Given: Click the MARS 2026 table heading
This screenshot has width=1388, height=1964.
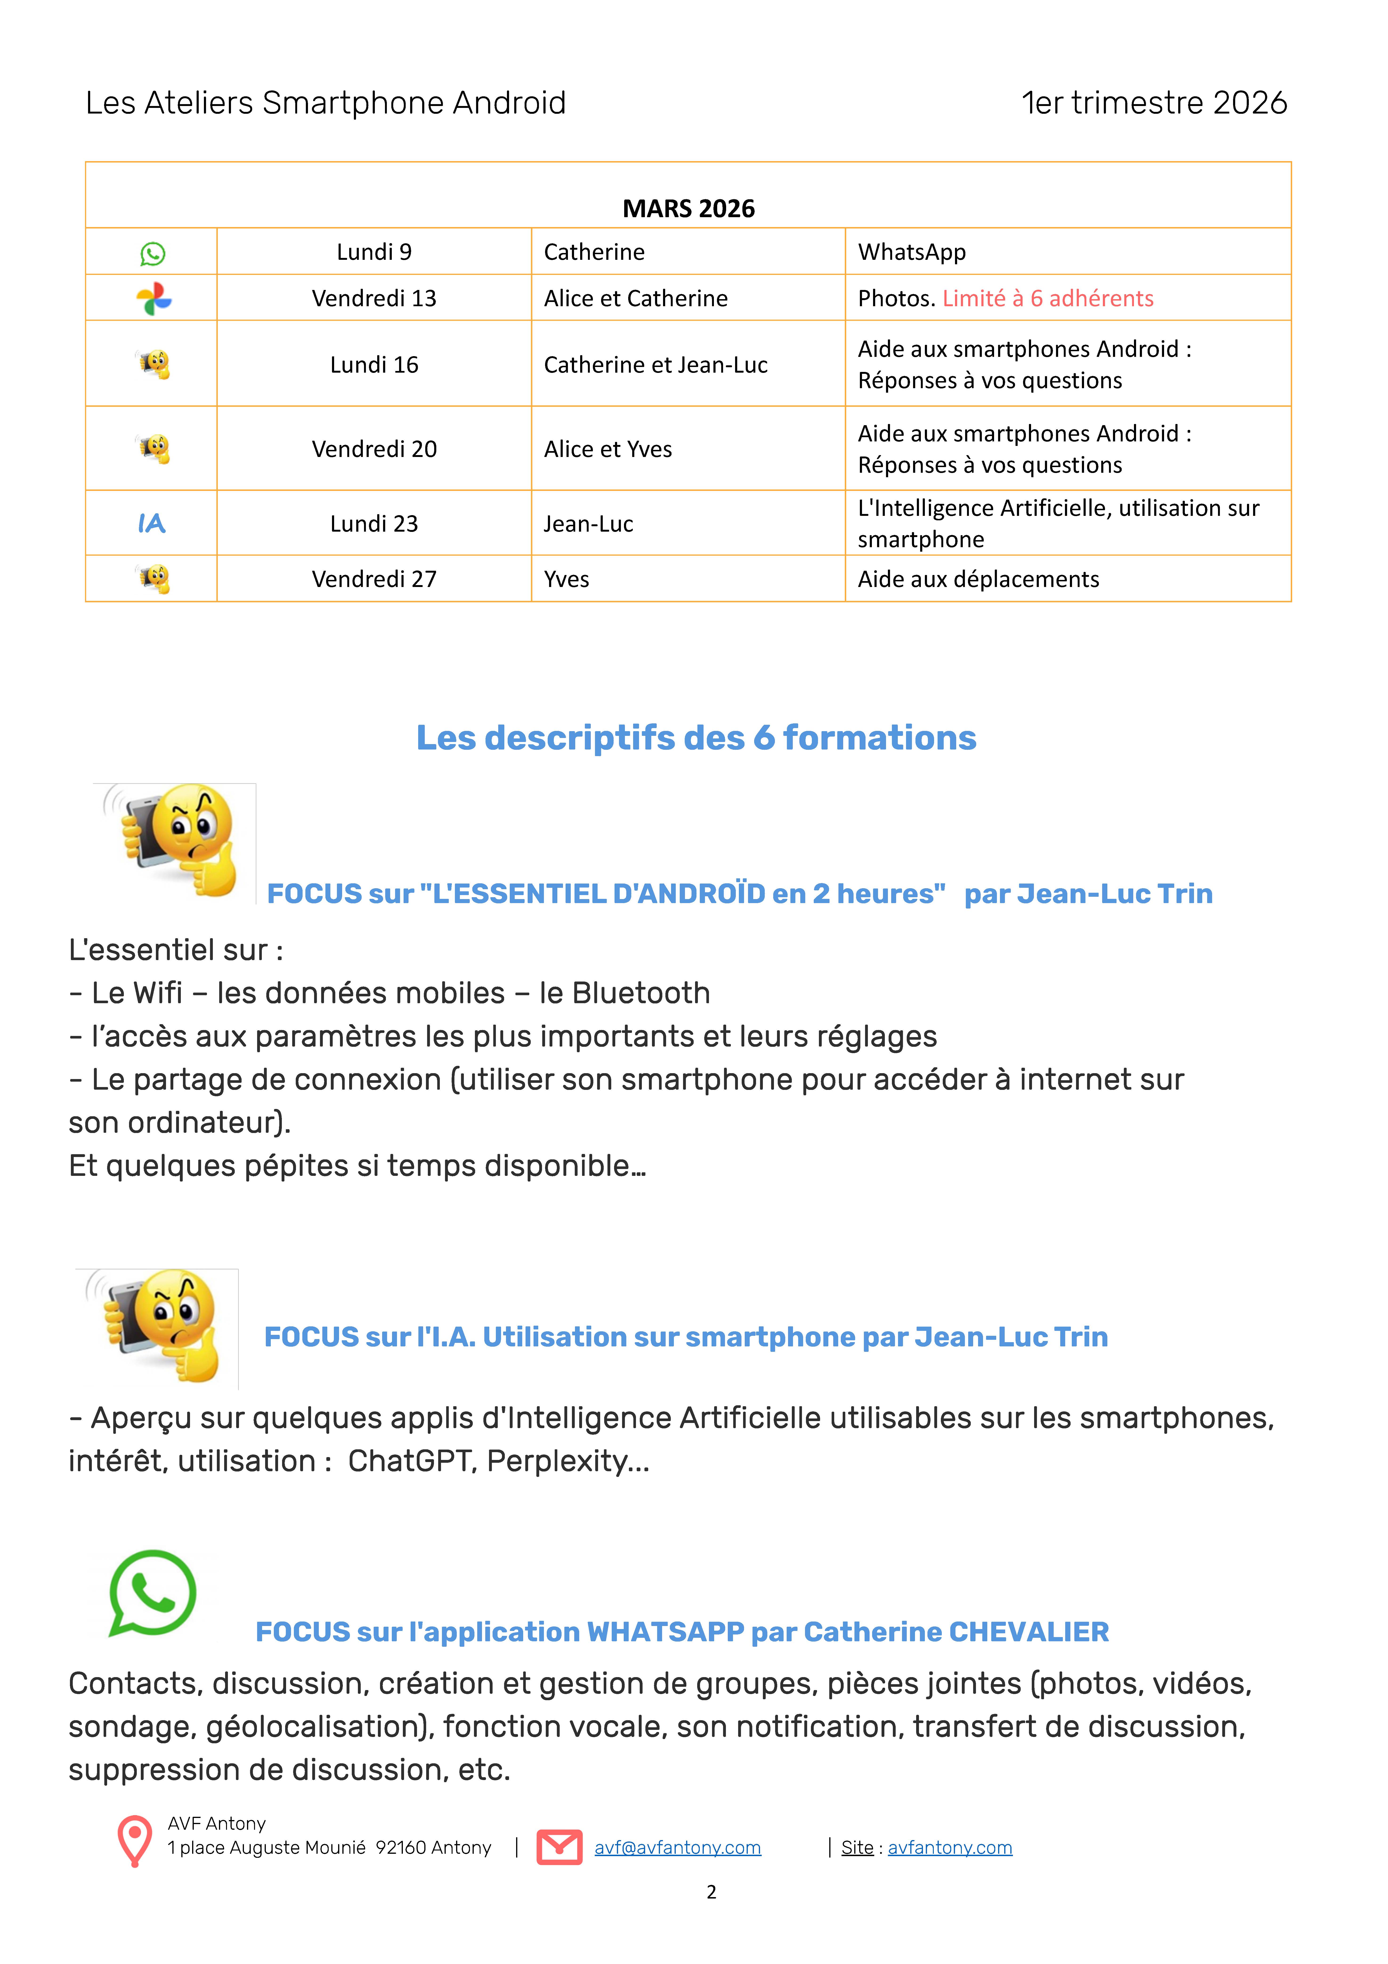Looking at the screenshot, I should click(x=688, y=209).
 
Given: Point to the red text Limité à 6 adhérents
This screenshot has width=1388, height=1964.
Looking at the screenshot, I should click(x=1048, y=298).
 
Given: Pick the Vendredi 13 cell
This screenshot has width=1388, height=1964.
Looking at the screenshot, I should click(x=374, y=298).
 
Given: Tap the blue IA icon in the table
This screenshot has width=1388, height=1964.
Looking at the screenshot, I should click(x=151, y=523).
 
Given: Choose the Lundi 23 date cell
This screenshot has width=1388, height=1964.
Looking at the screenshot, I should click(x=374, y=523).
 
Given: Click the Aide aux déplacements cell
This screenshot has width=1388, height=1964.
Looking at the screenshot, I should click(x=978, y=579).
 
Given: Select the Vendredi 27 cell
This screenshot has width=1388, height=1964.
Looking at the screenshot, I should click(x=374, y=579).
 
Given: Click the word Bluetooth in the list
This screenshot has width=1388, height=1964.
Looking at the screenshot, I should click(x=640, y=993).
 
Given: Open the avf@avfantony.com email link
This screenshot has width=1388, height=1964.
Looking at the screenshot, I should click(x=677, y=1848).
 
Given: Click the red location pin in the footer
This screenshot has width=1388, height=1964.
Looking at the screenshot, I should click(x=134, y=1839).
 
